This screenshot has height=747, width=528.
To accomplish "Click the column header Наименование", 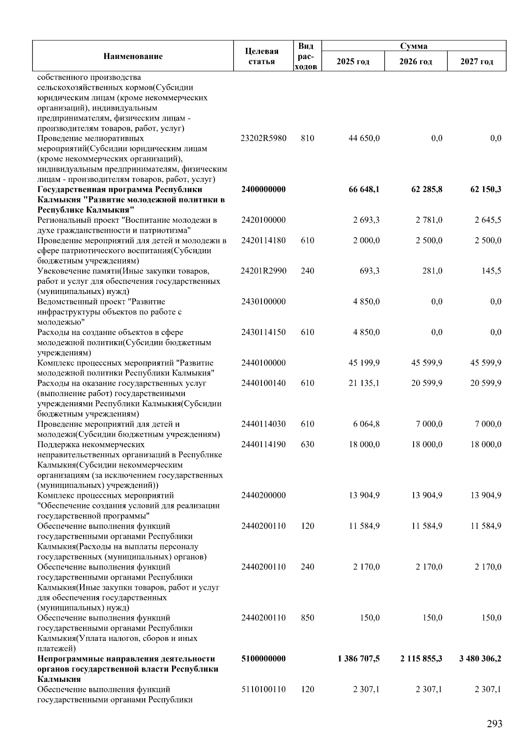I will [x=133, y=56].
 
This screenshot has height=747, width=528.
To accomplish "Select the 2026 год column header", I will [x=415, y=62].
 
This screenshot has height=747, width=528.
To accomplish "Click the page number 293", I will [x=494, y=724].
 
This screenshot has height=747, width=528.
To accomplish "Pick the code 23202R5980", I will [x=264, y=138].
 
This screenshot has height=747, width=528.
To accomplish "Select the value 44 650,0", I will [x=364, y=138].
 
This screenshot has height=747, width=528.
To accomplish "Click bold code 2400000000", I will [x=264, y=190].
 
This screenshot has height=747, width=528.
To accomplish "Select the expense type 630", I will [x=308, y=445].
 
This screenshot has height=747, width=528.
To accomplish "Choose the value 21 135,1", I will [x=364, y=383].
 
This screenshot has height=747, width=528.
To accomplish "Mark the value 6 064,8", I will [x=366, y=424].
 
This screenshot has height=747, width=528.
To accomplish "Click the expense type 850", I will [x=308, y=618].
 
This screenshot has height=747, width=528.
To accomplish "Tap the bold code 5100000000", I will [x=264, y=659].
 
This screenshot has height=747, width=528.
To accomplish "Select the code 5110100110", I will [x=264, y=689].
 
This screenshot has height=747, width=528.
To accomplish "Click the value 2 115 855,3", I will [x=421, y=659].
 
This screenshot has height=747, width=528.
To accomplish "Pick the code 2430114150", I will [x=264, y=332].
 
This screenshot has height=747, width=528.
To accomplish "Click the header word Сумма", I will [x=414, y=46].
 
